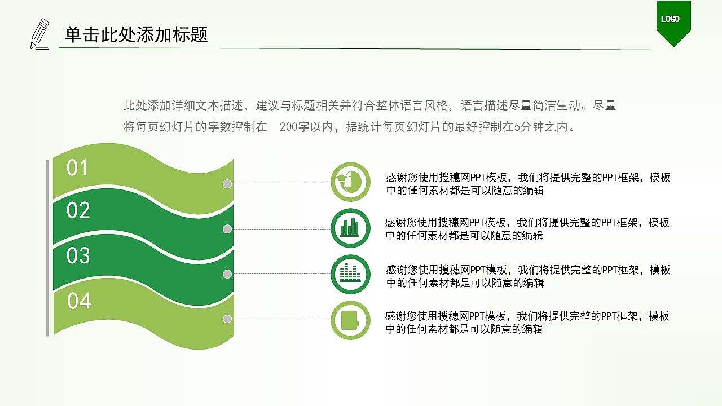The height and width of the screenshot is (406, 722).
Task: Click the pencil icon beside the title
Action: (39, 33)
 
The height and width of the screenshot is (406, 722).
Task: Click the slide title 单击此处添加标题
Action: (137, 35)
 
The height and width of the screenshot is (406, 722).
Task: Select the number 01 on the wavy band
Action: (78, 168)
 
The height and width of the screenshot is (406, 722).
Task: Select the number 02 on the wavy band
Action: (78, 210)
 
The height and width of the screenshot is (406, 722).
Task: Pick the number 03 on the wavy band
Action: (78, 256)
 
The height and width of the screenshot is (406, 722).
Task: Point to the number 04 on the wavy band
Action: (79, 301)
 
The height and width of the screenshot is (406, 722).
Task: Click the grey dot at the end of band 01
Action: (227, 184)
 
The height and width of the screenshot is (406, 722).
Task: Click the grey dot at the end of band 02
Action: (227, 229)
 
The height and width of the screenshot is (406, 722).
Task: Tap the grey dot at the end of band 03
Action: (227, 274)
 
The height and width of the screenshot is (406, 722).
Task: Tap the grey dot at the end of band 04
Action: (227, 319)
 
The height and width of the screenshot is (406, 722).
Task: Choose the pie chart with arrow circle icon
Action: (350, 182)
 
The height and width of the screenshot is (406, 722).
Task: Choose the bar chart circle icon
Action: (350, 228)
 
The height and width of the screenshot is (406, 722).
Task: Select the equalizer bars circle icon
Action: (350, 274)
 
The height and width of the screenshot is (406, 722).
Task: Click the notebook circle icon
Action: (350, 320)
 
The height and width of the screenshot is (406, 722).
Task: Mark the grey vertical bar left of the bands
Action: (47, 248)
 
